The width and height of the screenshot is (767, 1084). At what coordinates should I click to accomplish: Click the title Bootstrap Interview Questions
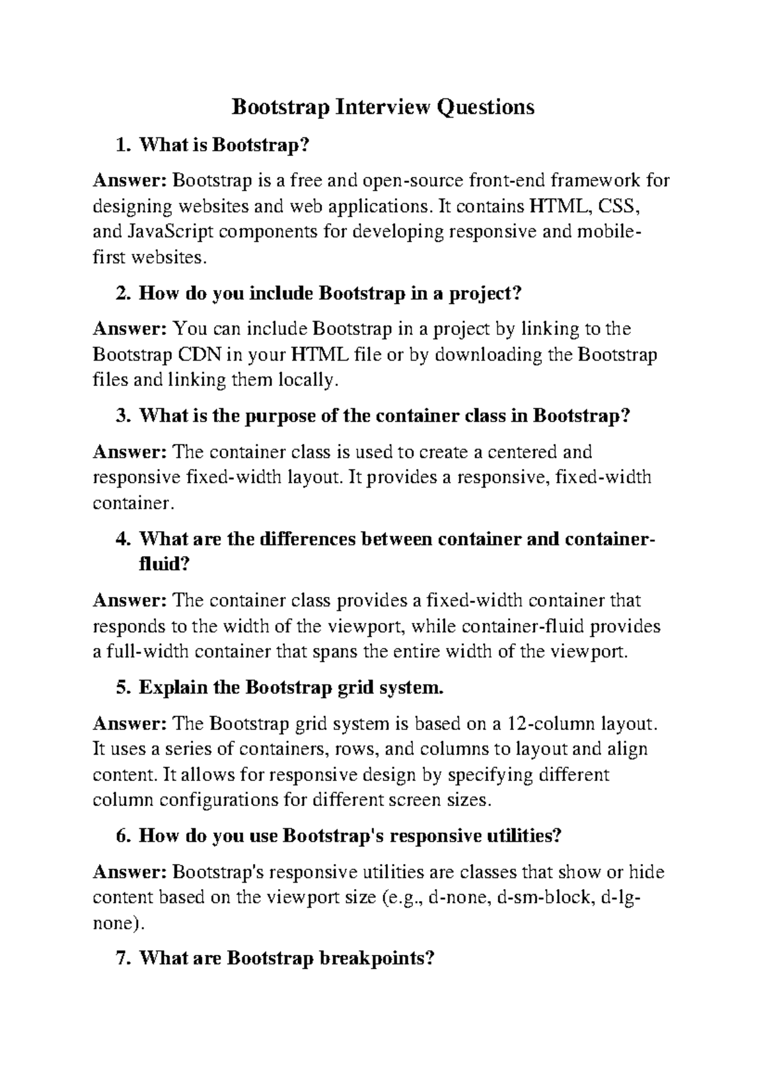tap(382, 106)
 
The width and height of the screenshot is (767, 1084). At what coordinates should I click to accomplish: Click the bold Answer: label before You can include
tap(130, 329)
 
